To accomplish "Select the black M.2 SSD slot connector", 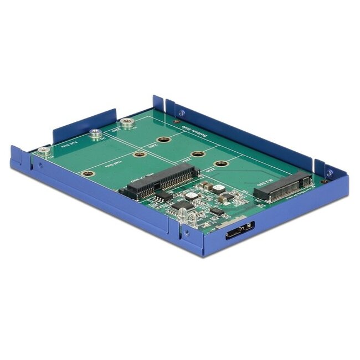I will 282,186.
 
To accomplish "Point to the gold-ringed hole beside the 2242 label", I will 194,153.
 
